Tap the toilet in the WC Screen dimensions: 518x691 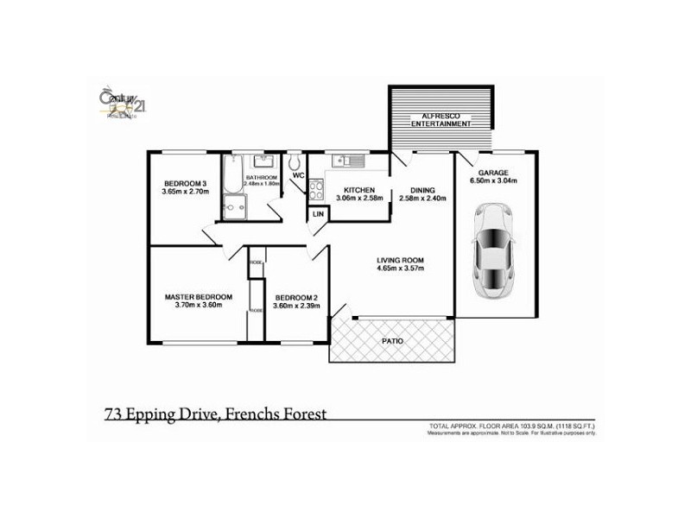pyautogui.click(x=295, y=161)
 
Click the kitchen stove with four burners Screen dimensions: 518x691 pyautogui.click(x=316, y=190)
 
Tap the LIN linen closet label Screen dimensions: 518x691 pyautogui.click(x=318, y=213)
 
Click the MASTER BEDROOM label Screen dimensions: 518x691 pyautogui.click(x=199, y=296)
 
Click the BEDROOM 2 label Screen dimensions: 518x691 pyautogui.click(x=296, y=298)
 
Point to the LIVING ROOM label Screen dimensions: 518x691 pyautogui.click(x=399, y=260)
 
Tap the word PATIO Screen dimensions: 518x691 pyautogui.click(x=392, y=341)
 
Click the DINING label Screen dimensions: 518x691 pyautogui.click(x=422, y=190)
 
